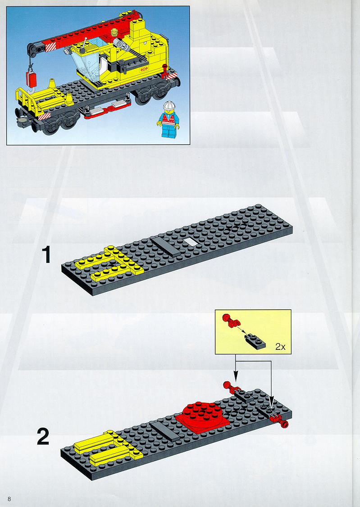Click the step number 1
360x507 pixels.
[x=46, y=255]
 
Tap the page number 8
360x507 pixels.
[x=9, y=499]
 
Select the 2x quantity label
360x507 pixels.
[x=280, y=347]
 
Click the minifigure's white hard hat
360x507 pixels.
[x=169, y=106]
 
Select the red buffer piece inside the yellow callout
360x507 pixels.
[x=231, y=320]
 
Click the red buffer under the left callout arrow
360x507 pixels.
[x=231, y=386]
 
